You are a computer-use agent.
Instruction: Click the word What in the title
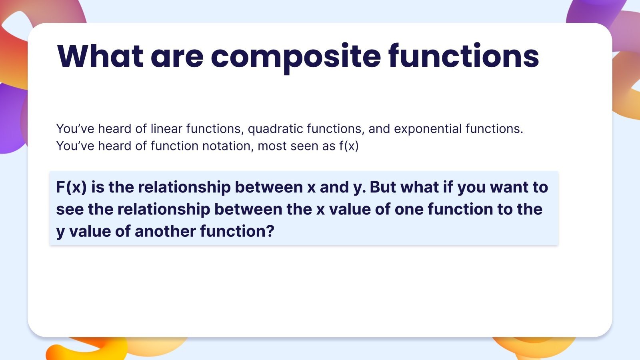[x=100, y=56]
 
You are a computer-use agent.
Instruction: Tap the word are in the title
[x=177, y=57]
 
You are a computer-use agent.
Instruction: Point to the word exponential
[x=428, y=129]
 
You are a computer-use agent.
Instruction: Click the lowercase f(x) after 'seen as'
[x=349, y=146]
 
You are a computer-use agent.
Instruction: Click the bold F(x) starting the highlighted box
[x=71, y=187]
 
